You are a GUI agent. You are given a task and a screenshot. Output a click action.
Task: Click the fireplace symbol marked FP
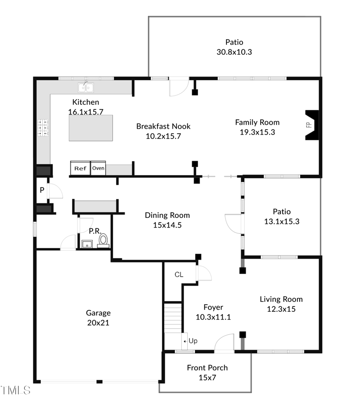click(x=311, y=125)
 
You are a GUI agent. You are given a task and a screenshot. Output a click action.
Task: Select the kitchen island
click(x=90, y=128)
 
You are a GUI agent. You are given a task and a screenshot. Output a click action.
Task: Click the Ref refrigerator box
click(x=80, y=168)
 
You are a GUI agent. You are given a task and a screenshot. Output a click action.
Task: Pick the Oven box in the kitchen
click(x=99, y=168)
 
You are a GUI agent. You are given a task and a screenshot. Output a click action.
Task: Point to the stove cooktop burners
click(x=43, y=128)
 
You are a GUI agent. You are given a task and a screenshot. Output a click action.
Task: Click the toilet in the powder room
click(x=103, y=240)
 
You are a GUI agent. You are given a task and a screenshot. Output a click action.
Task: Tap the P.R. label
click(x=94, y=230)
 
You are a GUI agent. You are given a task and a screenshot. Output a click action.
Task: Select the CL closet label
click(x=179, y=274)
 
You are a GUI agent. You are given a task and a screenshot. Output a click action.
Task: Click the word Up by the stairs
click(x=193, y=341)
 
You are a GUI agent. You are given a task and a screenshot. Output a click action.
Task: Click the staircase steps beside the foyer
click(x=172, y=317)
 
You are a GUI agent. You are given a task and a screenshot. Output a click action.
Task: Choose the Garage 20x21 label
click(x=98, y=318)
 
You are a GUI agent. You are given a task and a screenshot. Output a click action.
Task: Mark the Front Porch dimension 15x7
click(x=207, y=378)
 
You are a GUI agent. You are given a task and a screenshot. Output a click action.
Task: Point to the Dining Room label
click(x=167, y=215)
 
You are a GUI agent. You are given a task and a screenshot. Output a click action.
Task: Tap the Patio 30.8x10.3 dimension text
click(x=234, y=52)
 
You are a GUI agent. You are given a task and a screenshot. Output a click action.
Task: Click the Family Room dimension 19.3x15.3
click(x=257, y=132)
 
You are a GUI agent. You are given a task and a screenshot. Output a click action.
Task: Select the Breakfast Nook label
click(x=163, y=126)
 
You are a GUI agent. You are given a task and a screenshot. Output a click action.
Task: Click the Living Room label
click(x=281, y=299)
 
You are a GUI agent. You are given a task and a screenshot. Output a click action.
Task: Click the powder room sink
click(x=86, y=244)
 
